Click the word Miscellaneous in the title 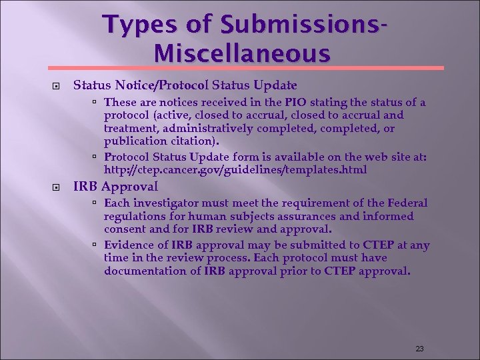tap(241, 53)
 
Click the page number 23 tap(419, 349)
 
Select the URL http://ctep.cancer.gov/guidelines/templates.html tap(235, 170)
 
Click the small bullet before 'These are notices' tap(95, 103)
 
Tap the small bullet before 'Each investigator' tap(95, 203)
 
